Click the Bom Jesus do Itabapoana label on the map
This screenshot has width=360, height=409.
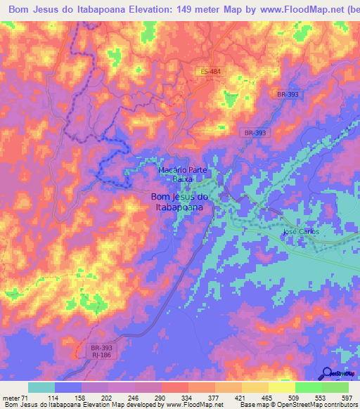coord(179,202)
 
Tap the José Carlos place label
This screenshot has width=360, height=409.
coord(300,232)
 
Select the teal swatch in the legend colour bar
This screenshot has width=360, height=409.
coord(41,388)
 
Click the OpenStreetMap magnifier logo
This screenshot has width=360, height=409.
coord(327,374)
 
